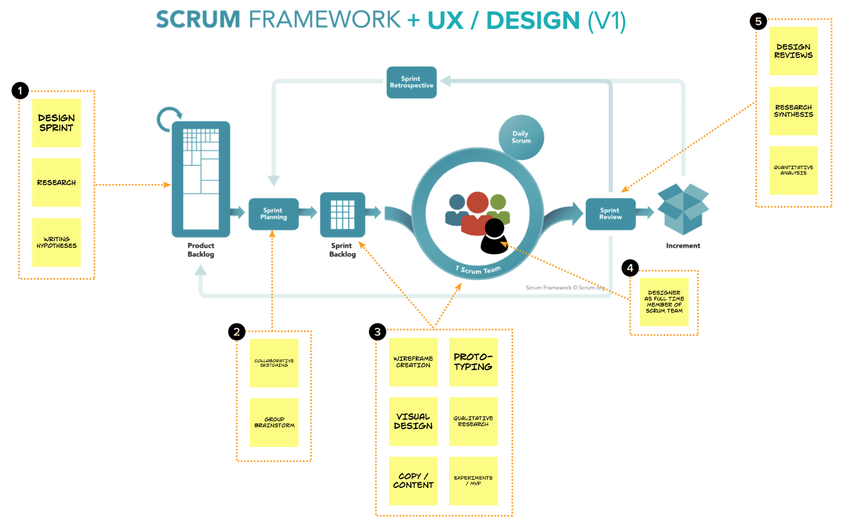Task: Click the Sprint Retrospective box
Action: pyautogui.click(x=411, y=82)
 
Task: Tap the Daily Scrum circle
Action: pyautogui.click(x=521, y=137)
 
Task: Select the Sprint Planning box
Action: pyautogui.click(x=274, y=214)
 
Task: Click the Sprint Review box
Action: pyautogui.click(x=611, y=214)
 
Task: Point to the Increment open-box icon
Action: pyautogui.click(x=683, y=209)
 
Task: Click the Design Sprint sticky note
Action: pyautogui.click(x=57, y=123)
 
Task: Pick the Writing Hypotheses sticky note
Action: pyautogui.click(x=57, y=242)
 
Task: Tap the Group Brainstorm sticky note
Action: pyautogui.click(x=274, y=422)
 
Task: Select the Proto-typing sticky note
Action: pyautogui.click(x=473, y=362)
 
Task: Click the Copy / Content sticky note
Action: pyautogui.click(x=413, y=481)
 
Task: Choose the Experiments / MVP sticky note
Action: pyautogui.click(x=473, y=481)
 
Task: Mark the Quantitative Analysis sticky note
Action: pyautogui.click(x=793, y=170)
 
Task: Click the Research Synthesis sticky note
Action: pyautogui.click(x=793, y=111)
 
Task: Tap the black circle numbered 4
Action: pyautogui.click(x=630, y=268)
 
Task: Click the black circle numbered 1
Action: pyautogui.click(x=20, y=91)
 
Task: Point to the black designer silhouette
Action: pyautogui.click(x=494, y=236)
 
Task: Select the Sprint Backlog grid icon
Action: pyautogui.click(x=343, y=214)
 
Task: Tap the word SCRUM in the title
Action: pyautogui.click(x=198, y=19)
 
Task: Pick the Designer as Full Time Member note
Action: pyautogui.click(x=664, y=302)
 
